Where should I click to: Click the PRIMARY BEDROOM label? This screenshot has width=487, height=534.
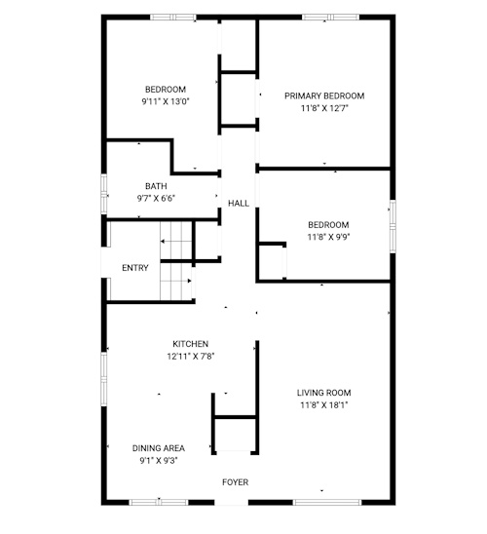[324, 96]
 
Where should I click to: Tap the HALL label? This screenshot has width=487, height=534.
[239, 204]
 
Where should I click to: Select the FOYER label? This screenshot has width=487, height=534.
[235, 482]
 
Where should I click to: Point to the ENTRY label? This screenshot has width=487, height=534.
[135, 268]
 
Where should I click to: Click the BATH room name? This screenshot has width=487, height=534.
[156, 186]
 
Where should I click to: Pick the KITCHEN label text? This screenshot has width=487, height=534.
[190, 344]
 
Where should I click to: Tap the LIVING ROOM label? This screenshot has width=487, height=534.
[323, 393]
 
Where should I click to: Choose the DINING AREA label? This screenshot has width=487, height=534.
[158, 448]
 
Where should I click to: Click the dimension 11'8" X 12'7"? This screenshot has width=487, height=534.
[324, 108]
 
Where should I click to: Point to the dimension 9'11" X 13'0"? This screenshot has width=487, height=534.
[166, 101]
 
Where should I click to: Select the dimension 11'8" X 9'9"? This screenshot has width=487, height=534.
[328, 237]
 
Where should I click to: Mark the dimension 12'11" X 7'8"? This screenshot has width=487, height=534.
[190, 357]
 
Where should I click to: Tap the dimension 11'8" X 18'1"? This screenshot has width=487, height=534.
[323, 405]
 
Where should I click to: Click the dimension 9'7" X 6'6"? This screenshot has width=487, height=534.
[156, 198]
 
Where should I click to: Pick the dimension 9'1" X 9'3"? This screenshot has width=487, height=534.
[158, 461]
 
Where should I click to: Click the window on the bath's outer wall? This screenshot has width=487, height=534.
[104, 194]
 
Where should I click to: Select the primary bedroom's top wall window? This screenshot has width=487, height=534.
[331, 17]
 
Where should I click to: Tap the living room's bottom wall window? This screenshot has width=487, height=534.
[327, 502]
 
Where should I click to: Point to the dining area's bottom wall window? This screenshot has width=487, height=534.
[159, 502]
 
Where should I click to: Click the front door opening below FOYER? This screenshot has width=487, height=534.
[232, 502]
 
